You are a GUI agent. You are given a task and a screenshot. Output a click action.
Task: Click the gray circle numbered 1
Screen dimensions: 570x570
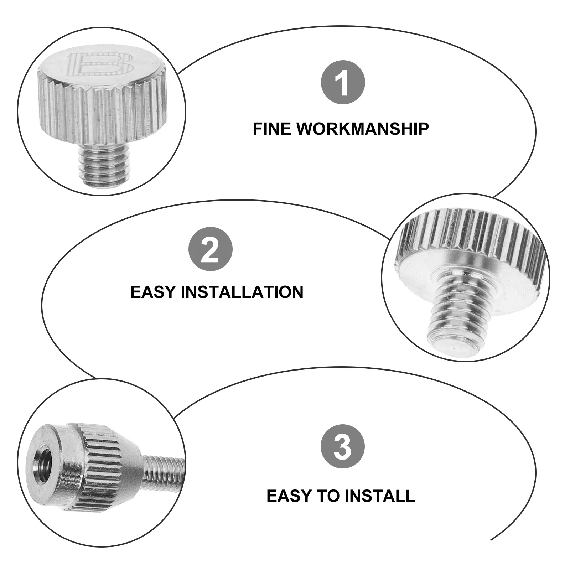point(343,82)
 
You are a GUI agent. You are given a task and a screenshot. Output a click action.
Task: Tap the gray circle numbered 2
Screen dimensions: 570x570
point(210,249)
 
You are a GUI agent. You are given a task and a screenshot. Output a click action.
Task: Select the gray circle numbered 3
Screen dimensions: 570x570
point(343,446)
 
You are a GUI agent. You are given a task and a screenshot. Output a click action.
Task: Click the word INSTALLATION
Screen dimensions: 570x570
point(242,292)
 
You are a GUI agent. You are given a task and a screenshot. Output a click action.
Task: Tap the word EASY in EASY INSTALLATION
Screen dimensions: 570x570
point(154,292)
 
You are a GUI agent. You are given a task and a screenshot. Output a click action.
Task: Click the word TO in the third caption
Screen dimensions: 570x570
point(328,496)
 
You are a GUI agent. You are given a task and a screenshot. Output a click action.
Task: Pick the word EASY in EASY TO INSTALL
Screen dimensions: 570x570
point(289,496)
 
